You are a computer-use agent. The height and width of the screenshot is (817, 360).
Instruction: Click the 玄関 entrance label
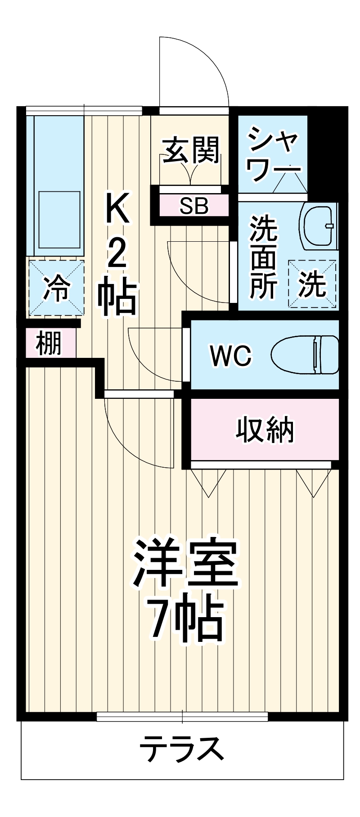tap(191, 149)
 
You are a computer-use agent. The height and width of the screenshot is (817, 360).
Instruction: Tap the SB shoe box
tap(194, 206)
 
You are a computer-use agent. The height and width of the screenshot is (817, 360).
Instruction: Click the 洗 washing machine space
tap(312, 284)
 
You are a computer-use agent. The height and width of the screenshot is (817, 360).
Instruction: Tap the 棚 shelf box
tap(49, 343)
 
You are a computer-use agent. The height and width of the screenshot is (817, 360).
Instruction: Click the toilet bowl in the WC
tap(306, 355)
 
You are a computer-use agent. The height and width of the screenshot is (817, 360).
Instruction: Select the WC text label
tap(231, 356)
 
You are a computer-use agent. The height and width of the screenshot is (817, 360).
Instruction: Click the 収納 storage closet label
tap(265, 430)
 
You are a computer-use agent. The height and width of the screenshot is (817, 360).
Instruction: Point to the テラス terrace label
tap(181, 749)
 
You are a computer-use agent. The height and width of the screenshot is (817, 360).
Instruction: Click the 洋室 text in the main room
tap(186, 563)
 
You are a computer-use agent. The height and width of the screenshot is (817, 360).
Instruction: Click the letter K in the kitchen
tap(118, 208)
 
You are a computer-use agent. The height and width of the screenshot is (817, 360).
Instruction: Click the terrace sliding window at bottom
tap(182, 716)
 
